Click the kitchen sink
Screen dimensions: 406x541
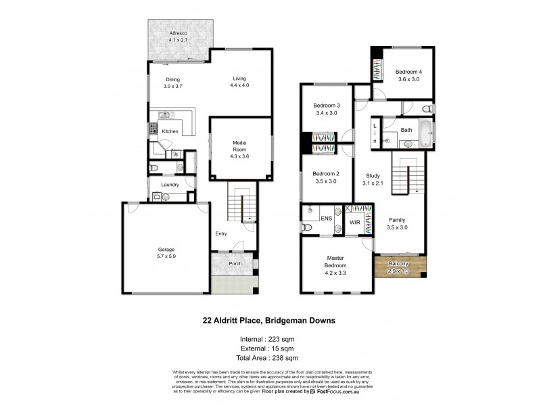coord(165,115)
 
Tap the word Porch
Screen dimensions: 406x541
coord(235,264)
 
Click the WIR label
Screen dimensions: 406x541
coord(354,222)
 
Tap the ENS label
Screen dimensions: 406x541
coord(326,218)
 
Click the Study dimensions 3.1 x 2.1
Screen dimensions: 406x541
coord(372,183)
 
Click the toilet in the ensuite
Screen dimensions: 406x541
coord(308,227)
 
